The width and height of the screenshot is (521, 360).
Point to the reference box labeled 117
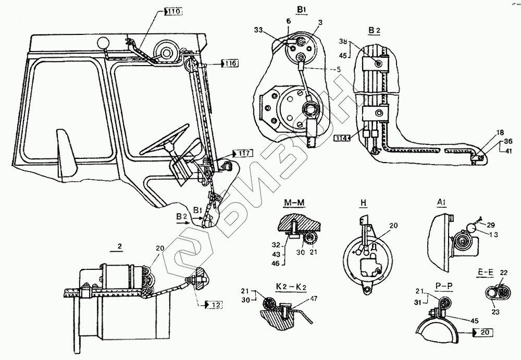tap(244, 153)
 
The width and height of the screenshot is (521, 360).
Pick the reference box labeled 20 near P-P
tap(484, 331)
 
